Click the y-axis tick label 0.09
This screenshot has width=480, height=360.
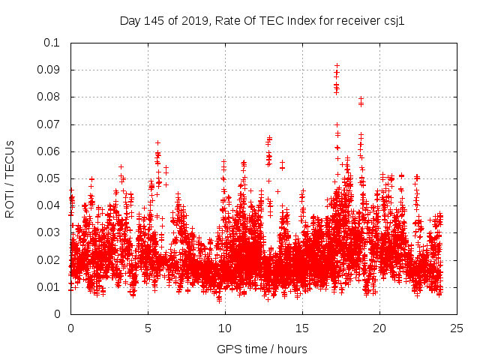click(x=49, y=70)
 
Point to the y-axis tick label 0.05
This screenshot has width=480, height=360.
click(x=49, y=178)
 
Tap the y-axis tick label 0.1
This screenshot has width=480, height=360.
click(x=52, y=43)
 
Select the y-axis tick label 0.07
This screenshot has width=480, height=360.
click(x=49, y=124)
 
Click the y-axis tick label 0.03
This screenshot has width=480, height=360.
click(x=49, y=232)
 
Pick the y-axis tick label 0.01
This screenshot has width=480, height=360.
click(x=49, y=287)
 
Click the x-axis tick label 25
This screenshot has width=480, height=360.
click(x=457, y=328)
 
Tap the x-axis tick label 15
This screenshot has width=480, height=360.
click(x=302, y=328)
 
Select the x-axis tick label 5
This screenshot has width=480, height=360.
click(x=148, y=328)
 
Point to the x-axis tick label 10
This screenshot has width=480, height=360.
click(x=225, y=328)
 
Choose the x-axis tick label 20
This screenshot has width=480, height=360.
click(x=379, y=328)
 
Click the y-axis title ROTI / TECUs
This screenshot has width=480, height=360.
click(x=10, y=178)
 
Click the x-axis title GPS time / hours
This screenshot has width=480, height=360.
click(x=262, y=349)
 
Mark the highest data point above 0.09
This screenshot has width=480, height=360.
click(x=337, y=65)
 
